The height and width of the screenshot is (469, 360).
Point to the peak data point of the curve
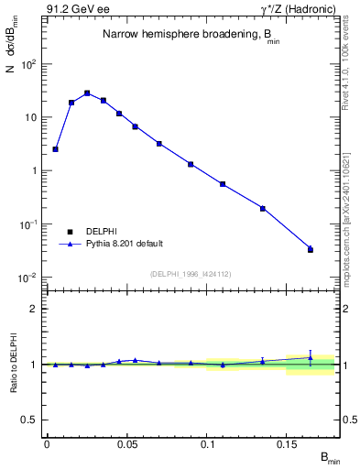tap(87, 93)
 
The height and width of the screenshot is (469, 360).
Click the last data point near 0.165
tap(311, 249)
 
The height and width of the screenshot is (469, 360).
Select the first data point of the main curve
tap(55, 148)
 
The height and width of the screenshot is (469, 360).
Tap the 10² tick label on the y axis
tap(29, 64)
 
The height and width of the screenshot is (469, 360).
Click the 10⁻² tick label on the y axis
tap(29, 277)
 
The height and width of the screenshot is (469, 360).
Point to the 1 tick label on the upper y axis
tap(35, 170)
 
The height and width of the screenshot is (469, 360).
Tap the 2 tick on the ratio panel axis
tap(34, 309)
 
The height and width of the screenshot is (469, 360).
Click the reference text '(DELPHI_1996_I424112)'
tap(189, 273)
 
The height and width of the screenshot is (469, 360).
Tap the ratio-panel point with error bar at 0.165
tap(311, 358)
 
